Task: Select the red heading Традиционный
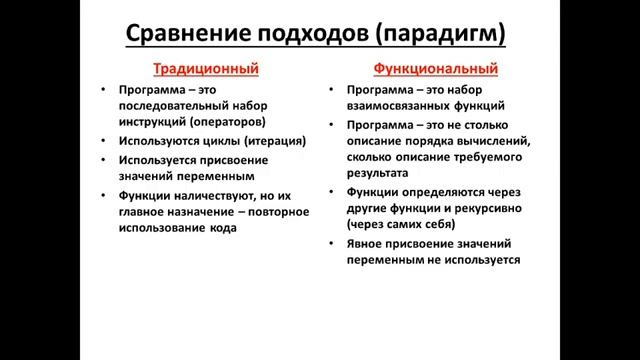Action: pyautogui.click(x=206, y=70)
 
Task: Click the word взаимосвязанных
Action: pyautogui.click(x=398, y=105)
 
